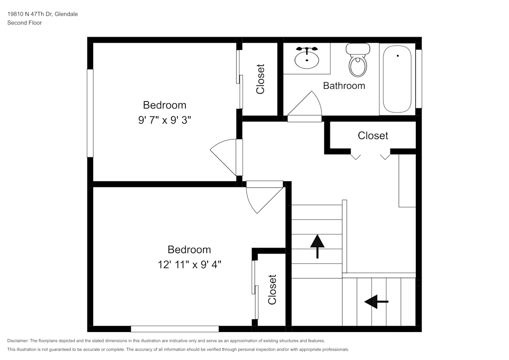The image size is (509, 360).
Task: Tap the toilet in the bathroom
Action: [358, 61]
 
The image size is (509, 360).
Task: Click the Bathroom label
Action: [344, 86]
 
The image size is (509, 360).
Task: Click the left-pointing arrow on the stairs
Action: [376, 302]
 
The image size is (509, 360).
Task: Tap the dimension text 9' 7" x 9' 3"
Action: [164, 120]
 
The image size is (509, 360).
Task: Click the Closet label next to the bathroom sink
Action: [260, 78]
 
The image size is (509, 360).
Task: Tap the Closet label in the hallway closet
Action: [373, 135]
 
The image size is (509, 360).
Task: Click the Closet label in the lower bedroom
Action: [272, 289]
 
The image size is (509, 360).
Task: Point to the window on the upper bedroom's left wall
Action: [90, 113]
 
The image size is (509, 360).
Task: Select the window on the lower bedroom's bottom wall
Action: [175, 329]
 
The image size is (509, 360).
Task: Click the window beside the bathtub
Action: [418, 78]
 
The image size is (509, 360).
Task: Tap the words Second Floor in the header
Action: [24, 23]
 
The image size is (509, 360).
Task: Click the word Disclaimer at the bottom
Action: [18, 341]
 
